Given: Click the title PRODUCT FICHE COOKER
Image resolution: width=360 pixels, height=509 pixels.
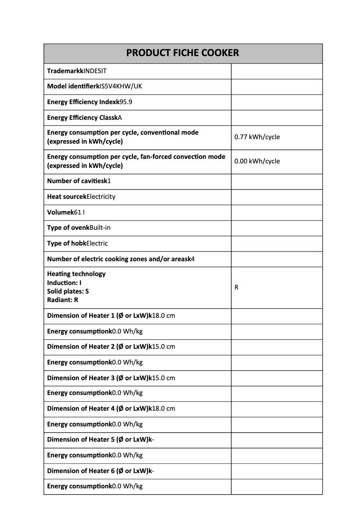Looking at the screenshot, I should [183, 53].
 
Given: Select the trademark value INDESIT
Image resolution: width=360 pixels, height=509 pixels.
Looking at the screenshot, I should [95, 71].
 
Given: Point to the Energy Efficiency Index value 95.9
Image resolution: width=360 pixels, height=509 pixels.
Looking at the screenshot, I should [126, 102].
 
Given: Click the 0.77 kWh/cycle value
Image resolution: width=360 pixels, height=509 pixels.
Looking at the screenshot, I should [257, 137].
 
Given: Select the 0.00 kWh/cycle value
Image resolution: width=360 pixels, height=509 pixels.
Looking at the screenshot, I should [257, 161].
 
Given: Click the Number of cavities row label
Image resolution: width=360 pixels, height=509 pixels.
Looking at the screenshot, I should [75, 181].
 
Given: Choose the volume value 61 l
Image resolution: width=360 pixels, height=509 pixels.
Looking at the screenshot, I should [79, 212].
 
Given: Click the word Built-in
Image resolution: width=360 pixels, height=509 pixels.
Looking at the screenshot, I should [100, 228].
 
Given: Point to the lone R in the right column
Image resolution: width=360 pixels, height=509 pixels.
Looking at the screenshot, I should [237, 287].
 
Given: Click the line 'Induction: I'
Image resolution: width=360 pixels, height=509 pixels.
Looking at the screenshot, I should [64, 283].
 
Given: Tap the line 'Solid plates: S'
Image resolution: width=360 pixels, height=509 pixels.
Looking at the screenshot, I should [68, 291].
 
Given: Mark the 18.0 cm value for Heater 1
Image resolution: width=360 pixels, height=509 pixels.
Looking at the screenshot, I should [163, 316].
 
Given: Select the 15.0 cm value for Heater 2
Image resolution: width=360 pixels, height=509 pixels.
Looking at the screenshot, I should [163, 347].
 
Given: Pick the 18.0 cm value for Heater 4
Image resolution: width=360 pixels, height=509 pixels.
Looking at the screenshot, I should [163, 408].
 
